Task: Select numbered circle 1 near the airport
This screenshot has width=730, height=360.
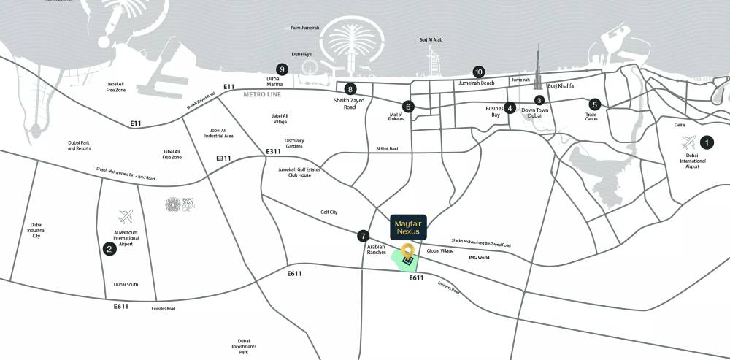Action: click(x=706, y=142)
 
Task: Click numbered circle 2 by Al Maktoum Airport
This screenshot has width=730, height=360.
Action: click(x=109, y=249)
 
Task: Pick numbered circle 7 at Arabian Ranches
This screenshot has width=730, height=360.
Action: click(x=363, y=236)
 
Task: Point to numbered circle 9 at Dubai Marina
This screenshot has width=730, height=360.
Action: click(x=283, y=69)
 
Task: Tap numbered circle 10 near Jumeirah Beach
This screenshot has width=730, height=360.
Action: click(x=479, y=72)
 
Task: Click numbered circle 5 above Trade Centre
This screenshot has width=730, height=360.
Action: click(x=594, y=104)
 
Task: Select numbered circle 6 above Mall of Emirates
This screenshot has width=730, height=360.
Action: click(x=408, y=107)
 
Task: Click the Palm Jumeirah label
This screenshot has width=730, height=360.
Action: click(x=304, y=28)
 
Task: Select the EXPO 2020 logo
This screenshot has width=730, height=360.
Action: click(x=173, y=206)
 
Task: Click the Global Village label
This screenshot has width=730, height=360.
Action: click(x=440, y=250)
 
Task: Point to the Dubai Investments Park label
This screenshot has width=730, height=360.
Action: click(x=243, y=346)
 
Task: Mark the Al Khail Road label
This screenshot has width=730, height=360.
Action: click(x=388, y=148)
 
